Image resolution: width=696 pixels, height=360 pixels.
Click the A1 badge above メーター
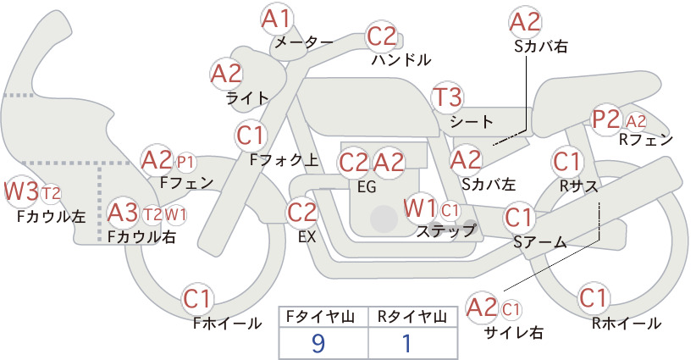[276, 19]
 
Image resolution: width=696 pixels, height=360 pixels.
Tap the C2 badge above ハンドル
[381, 36]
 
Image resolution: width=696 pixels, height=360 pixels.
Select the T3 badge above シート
[447, 97]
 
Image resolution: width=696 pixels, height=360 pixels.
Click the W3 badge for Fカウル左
[21, 191]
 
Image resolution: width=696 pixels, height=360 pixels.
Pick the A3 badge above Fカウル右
[124, 213]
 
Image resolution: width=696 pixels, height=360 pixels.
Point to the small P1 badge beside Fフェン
[186, 163]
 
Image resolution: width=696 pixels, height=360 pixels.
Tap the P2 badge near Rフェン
[606, 119]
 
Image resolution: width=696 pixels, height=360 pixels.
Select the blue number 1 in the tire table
[406, 343]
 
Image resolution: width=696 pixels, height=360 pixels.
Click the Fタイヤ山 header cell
[323, 317]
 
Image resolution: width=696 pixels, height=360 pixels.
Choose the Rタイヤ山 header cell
[413, 317]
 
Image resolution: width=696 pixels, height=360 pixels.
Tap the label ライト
[248, 98]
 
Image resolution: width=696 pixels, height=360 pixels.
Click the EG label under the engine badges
[367, 187]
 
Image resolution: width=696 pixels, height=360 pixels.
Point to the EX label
[307, 237]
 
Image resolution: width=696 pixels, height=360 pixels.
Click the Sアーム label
[540, 242]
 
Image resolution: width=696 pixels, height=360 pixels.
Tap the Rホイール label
[627, 324]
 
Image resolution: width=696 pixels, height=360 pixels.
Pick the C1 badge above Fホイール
[196, 300]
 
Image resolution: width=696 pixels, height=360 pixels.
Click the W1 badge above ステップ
[420, 208]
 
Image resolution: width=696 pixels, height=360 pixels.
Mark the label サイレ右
[514, 333]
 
